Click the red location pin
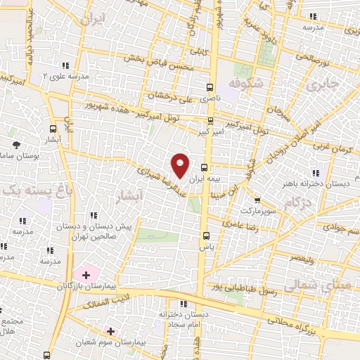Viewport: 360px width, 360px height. [x=181, y=165]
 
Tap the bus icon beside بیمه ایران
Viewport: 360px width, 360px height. [x=205, y=167]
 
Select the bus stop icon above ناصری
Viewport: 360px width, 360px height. [x=210, y=88]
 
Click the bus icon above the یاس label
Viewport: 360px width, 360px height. [x=205, y=236]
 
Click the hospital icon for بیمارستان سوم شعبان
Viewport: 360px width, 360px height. [x=110, y=330]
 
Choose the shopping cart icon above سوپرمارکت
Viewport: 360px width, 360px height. [x=257, y=200]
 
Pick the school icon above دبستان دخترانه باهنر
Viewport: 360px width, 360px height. [x=315, y=172]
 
